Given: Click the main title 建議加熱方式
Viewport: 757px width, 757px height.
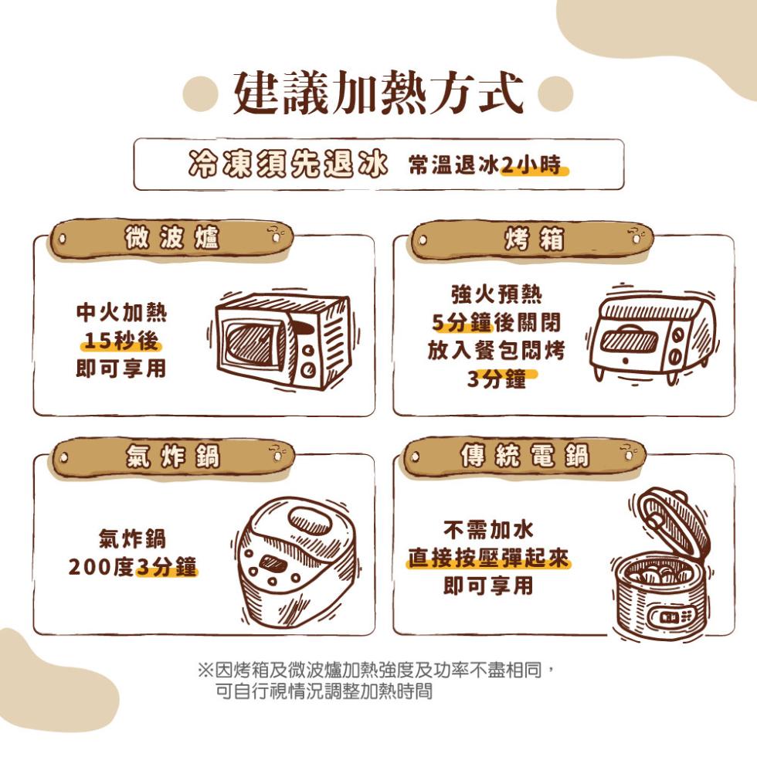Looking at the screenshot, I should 378,93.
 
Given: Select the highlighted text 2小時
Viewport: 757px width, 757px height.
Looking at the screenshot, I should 534,166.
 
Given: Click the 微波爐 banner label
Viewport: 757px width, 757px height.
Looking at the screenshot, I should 172,239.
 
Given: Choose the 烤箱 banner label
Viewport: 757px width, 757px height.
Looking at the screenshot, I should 534,239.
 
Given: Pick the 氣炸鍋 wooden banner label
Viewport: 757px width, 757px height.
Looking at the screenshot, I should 172,458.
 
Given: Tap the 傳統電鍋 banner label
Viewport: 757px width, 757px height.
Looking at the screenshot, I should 524,457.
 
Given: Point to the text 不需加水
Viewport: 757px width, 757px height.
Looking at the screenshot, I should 488,529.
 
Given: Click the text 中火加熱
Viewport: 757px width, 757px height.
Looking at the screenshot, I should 121,313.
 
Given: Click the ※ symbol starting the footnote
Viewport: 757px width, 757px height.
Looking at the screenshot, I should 205,669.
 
